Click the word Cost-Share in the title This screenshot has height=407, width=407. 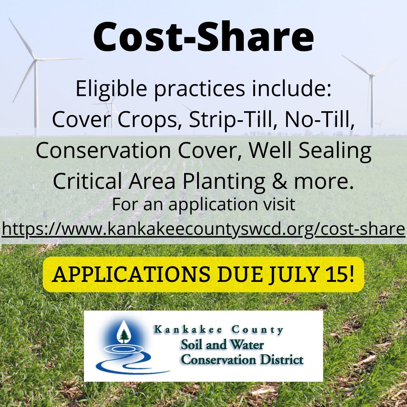(203, 37)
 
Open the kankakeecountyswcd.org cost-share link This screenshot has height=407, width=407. (203, 228)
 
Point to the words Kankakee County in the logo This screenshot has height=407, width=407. (219, 330)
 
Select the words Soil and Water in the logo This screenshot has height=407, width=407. (222, 344)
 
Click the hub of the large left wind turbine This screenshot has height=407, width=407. (35, 59)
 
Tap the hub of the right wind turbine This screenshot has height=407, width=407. (372, 76)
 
